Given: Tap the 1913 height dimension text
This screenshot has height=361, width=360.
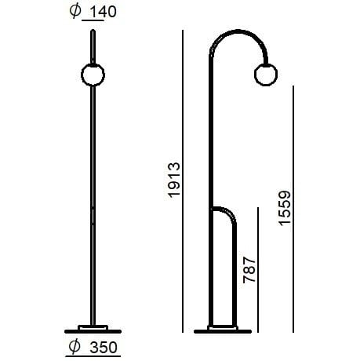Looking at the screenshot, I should [x=174, y=180].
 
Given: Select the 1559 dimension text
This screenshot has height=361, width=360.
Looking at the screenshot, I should [x=284, y=209].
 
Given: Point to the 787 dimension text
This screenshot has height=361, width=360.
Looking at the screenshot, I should [x=250, y=268].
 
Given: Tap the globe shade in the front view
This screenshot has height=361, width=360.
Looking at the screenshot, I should [x=93, y=75].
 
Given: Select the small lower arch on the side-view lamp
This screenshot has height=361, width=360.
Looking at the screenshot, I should [x=225, y=210].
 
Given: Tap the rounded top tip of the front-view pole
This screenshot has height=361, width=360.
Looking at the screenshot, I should [x=93, y=32].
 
